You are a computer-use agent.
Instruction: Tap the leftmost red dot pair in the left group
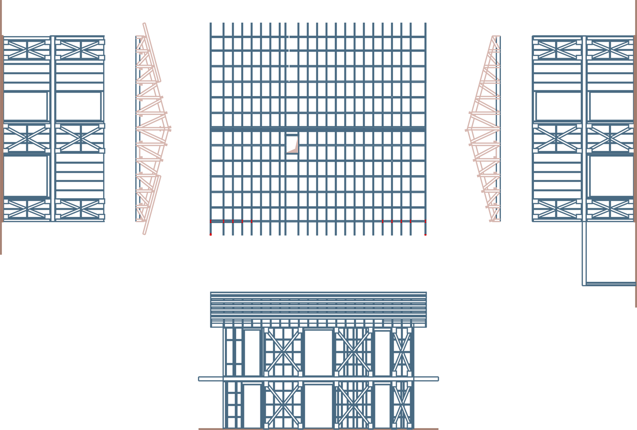tap(211, 221)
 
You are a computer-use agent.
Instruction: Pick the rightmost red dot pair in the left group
tap(252, 221)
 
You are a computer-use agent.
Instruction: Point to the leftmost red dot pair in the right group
tap(383, 221)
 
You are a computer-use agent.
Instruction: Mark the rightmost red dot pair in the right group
tap(426, 221)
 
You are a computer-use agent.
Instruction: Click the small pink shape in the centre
tap(294, 146)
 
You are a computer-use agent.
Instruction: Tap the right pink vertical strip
tap(476, 159)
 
